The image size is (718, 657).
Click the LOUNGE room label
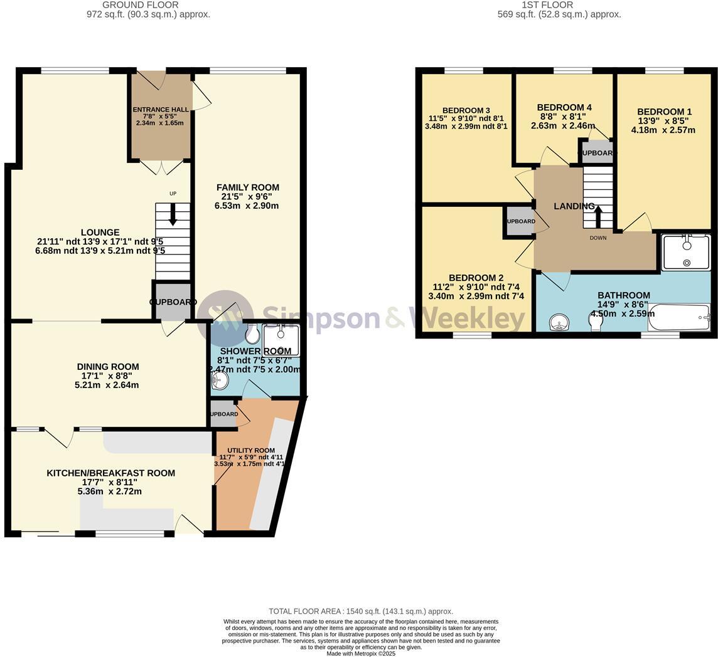(x=100, y=233)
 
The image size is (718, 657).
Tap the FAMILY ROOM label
(x=247, y=187)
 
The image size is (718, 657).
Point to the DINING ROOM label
(x=108, y=367)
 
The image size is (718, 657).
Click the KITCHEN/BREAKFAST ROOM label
(x=110, y=473)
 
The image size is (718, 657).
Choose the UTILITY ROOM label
(x=251, y=451)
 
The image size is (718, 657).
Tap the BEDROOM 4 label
(x=564, y=107)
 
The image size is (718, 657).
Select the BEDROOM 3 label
(x=466, y=110)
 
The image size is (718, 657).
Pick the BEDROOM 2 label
(x=476, y=278)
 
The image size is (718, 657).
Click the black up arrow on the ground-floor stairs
(x=173, y=214)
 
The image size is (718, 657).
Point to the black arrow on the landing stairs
(x=597, y=217)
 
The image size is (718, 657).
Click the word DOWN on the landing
(x=598, y=238)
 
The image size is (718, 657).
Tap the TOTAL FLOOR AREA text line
(x=360, y=611)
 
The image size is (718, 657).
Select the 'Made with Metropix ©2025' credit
(x=360, y=653)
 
